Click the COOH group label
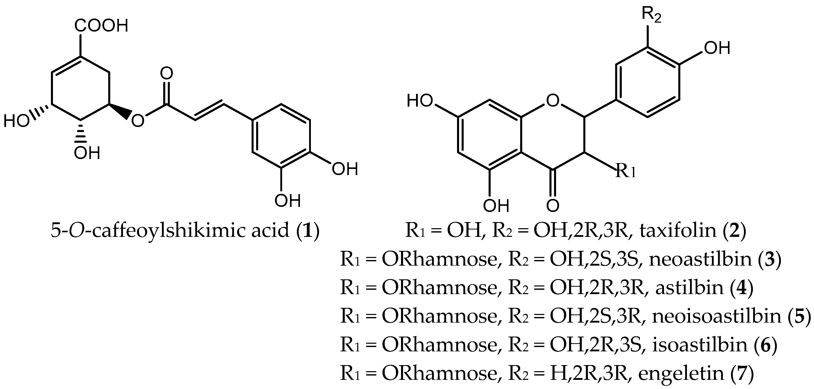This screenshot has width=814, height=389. coord(101,26)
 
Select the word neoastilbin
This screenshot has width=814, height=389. coord(700,259)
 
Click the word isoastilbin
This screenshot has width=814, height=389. coord(700,344)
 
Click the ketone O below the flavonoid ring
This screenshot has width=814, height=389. coord(553,206)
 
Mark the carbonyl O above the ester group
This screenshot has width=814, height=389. coord(167,73)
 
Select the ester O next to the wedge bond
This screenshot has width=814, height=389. coord(138,120)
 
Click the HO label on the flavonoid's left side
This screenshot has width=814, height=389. coord(419,101)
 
